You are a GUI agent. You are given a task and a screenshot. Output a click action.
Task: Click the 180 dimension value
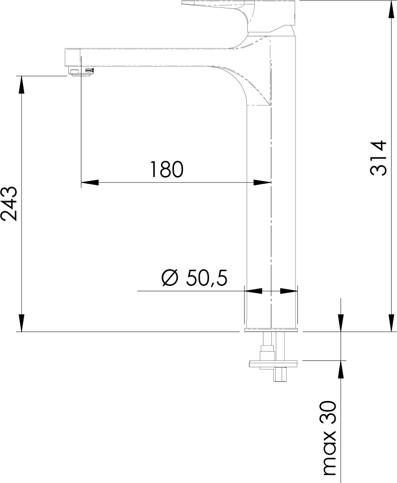[x=166, y=169]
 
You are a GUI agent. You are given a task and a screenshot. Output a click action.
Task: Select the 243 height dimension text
[x=9, y=203]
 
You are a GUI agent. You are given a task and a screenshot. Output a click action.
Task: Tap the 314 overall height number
[x=378, y=158]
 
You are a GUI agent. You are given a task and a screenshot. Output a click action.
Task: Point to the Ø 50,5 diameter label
[x=194, y=278]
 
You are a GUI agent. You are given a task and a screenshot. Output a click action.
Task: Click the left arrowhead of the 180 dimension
[x=90, y=182]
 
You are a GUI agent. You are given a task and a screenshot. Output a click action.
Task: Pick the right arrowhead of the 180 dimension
[x=262, y=182]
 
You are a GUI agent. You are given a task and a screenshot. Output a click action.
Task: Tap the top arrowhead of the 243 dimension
[x=21, y=84]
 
